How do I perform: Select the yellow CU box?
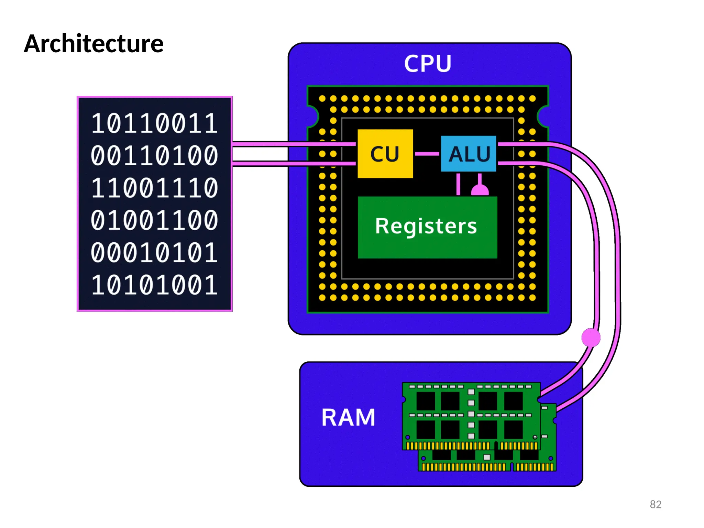385,154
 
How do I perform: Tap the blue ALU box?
469,154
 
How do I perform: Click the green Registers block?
427,227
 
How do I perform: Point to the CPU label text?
428,64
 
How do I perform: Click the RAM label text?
348,417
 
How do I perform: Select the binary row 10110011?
154,123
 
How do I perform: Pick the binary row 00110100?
154,156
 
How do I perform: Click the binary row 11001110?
154,188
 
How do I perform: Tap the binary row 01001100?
154,220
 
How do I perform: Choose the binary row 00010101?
154,253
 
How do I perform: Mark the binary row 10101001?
154,285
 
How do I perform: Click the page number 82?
655,504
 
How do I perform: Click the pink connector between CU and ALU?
427,154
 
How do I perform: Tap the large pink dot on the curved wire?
591,337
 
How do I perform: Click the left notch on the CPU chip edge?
313,117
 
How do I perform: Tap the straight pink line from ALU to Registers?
458,184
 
